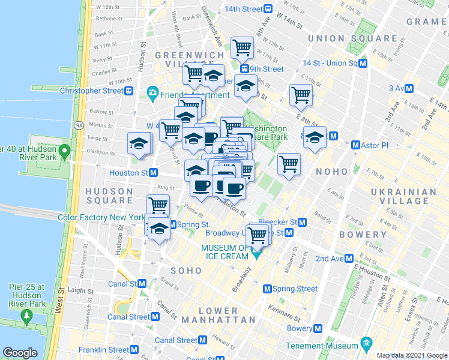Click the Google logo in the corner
[20, 353]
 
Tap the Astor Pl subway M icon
[355, 145]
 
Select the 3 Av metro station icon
[409, 88]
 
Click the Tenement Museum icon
[366, 344]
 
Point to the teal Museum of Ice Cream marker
[257, 254]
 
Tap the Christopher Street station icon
[129, 91]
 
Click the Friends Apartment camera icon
[152, 94]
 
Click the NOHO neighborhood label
[328, 172]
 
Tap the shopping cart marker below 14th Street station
[242, 46]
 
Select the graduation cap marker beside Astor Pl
[315, 137]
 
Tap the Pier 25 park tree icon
[25, 315]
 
